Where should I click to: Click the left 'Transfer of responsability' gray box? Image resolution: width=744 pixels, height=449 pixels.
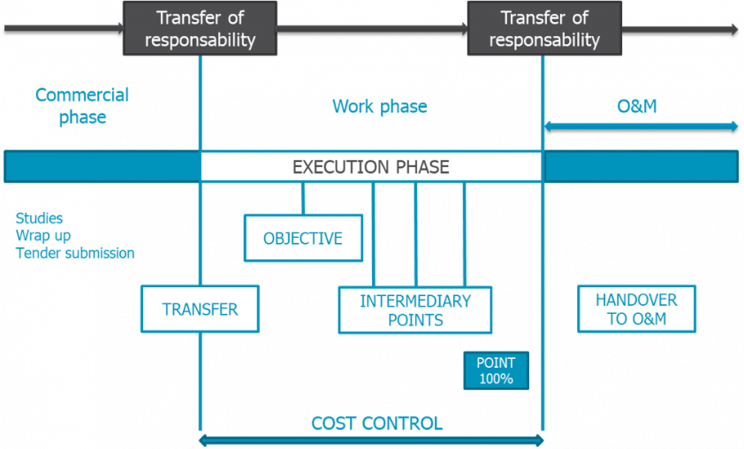pyautogui.click(x=200, y=28)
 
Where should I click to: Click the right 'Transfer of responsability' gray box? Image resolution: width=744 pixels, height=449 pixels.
pyautogui.click(x=544, y=28)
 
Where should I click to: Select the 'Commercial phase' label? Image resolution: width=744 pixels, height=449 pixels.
pyautogui.click(x=82, y=106)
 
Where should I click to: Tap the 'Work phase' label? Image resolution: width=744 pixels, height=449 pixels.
pyautogui.click(x=379, y=107)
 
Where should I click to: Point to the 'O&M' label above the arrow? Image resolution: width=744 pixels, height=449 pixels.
pyautogui.click(x=636, y=107)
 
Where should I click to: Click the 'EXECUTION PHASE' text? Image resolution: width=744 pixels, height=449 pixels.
pyautogui.click(x=370, y=167)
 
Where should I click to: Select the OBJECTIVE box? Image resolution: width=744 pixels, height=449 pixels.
pyautogui.click(x=303, y=239)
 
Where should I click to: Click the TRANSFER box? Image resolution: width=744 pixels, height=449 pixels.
pyautogui.click(x=200, y=309)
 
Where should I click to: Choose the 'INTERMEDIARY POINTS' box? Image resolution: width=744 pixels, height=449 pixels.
pyautogui.click(x=415, y=310)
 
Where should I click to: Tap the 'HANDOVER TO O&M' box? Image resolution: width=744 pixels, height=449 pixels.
pyautogui.click(x=636, y=309)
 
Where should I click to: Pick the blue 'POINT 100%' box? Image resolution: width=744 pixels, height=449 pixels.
pyautogui.click(x=496, y=370)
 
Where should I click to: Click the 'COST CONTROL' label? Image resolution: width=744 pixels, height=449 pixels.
pyautogui.click(x=376, y=423)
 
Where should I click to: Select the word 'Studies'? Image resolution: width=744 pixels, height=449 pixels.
pyautogui.click(x=40, y=218)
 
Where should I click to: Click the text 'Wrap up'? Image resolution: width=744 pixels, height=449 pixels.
pyautogui.click(x=42, y=236)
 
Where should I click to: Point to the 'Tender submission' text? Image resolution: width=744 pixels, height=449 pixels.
pyautogui.click(x=75, y=254)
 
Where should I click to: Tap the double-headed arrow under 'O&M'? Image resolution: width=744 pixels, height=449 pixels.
pyautogui.click(x=641, y=126)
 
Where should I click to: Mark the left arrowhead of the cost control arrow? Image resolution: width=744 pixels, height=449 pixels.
pyautogui.click(x=202, y=439)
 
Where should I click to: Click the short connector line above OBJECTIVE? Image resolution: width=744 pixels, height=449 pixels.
pyautogui.click(x=302, y=198)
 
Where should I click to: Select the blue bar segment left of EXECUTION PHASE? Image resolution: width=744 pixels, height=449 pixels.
pyautogui.click(x=102, y=167)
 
